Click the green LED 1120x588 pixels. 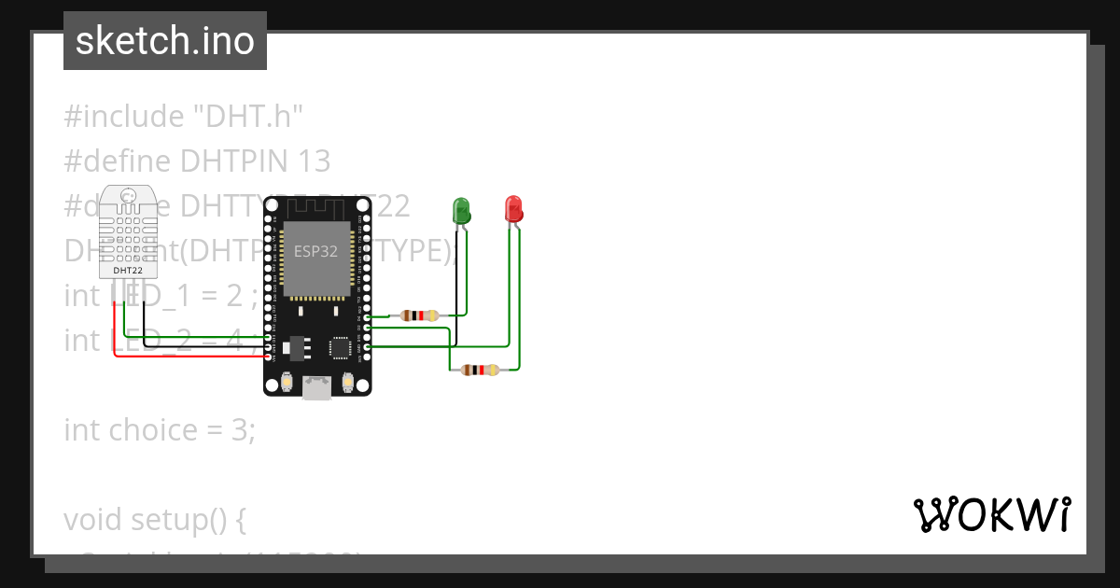click(461, 211)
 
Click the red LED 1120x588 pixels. click(512, 209)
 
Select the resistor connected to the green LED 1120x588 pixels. click(419, 315)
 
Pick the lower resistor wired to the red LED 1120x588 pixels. click(480, 371)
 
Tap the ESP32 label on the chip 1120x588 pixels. click(316, 251)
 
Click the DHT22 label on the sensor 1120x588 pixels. click(128, 270)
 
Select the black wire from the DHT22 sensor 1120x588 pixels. click(146, 317)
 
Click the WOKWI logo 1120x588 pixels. click(991, 515)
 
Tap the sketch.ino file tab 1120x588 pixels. click(165, 41)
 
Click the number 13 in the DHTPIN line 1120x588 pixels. click(314, 161)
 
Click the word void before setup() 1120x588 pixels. click(93, 520)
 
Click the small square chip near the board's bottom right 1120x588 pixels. click(340, 347)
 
